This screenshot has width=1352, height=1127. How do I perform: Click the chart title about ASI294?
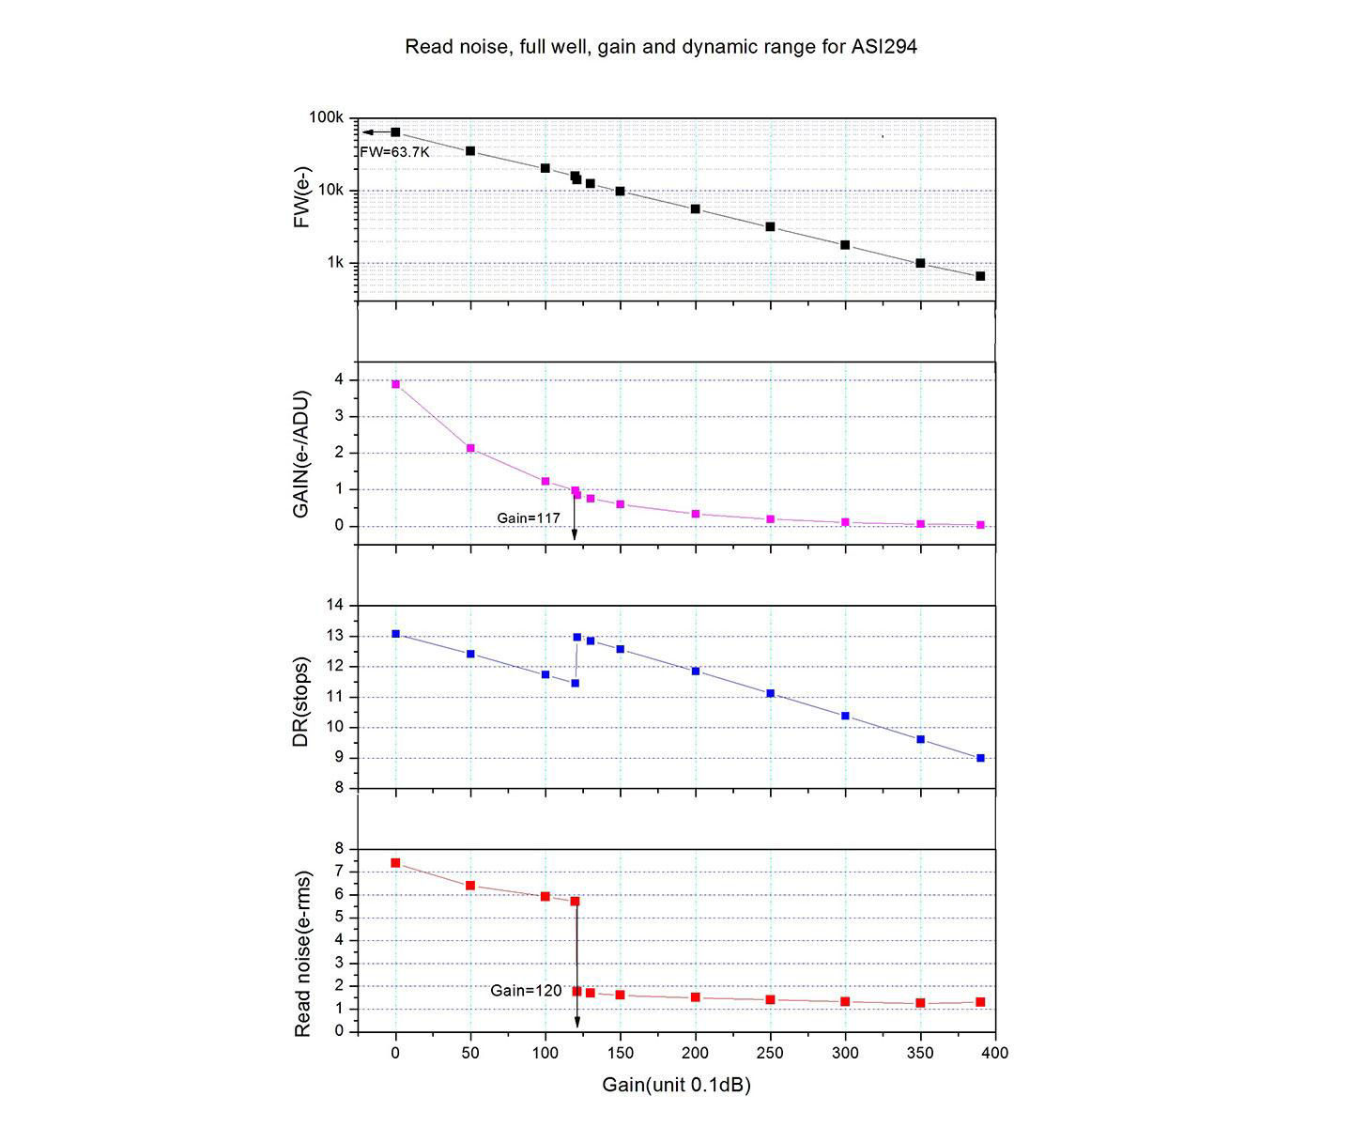pos(660,46)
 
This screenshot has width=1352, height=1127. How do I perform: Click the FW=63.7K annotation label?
pos(395,151)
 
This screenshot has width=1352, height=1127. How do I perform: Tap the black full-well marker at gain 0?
pos(395,132)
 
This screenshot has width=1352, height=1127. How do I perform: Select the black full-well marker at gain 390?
pos(980,276)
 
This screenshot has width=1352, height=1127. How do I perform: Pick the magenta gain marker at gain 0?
pos(395,384)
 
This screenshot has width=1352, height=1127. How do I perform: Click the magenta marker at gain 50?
pos(470,448)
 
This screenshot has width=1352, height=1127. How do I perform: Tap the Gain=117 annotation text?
pos(529,517)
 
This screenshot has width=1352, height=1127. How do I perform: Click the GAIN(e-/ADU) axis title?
pos(301,453)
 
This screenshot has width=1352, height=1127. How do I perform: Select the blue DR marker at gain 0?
pos(395,634)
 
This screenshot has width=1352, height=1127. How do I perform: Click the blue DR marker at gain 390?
pos(980,758)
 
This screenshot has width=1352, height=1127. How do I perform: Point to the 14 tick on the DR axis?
pos(335,606)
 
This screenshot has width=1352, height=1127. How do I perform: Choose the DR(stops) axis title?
pos(301,697)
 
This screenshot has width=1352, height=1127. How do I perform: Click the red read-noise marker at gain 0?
pos(395,863)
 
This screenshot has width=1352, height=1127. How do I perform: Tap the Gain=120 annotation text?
pos(526,991)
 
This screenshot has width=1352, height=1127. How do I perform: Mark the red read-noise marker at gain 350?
pos(920,1003)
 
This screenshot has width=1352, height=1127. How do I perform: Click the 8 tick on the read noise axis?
pos(340,849)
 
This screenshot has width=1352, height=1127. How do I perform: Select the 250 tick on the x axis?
pos(770,1053)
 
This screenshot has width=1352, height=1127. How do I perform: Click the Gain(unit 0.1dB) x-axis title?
pos(676,1086)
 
